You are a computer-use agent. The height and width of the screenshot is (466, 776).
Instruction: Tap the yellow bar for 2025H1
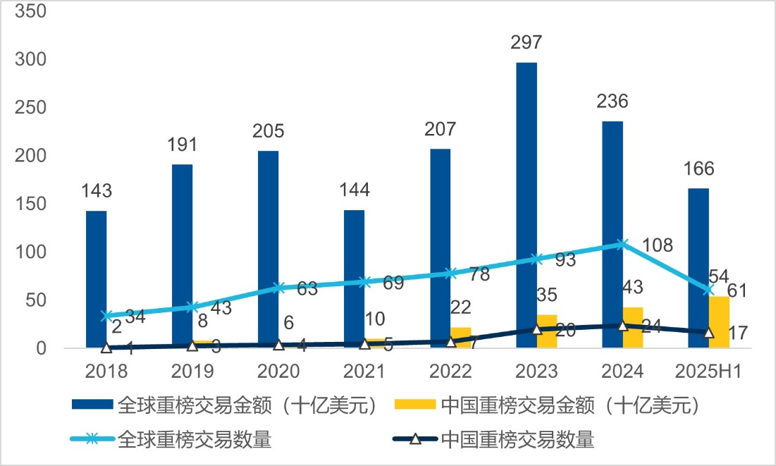719,321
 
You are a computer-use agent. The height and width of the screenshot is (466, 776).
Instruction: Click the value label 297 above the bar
526,43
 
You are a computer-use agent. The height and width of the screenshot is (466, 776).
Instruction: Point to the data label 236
612,102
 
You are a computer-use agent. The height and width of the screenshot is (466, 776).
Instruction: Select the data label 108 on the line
658,246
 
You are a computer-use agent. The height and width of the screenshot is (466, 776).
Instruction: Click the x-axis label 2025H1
708,371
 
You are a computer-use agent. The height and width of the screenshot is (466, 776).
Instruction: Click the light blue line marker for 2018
106,316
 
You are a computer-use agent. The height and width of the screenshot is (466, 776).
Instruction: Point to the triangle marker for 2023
536,329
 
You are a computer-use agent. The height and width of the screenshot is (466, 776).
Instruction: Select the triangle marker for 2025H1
708,332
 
